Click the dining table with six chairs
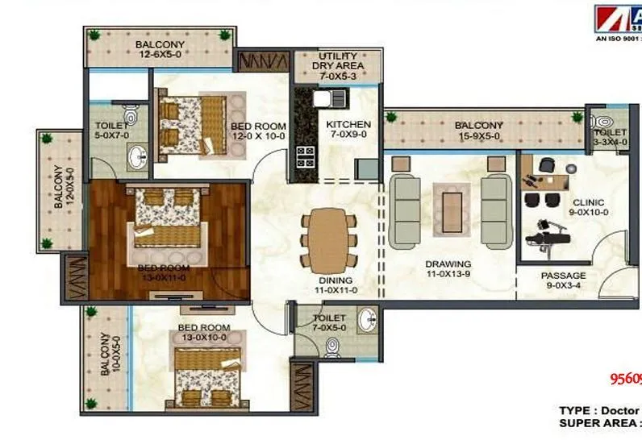pyautogui.click(x=328, y=239)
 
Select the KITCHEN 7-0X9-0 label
pyautogui.click(x=348, y=130)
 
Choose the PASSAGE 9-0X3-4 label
pyautogui.click(x=563, y=280)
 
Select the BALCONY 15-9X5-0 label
pyautogui.click(x=478, y=131)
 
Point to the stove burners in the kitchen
pyautogui.click(x=306, y=155)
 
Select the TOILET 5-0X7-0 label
pyautogui.click(x=112, y=131)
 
